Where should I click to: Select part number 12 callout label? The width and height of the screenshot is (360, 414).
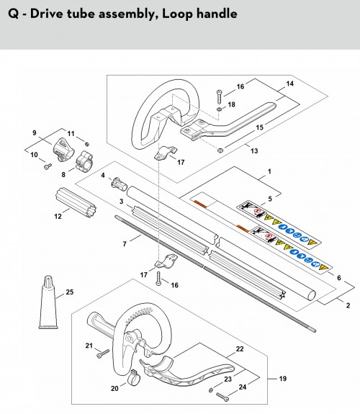(x=58, y=217)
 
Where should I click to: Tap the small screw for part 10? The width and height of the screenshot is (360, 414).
(x=48, y=166)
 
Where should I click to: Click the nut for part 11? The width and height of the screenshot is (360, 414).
(x=86, y=144)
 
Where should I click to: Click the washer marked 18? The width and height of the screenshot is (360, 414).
(x=220, y=109)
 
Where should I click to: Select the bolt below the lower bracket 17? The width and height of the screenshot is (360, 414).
(x=158, y=279)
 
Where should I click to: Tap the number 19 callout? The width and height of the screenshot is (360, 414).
(x=283, y=379)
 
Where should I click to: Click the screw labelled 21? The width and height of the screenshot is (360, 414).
(x=103, y=354)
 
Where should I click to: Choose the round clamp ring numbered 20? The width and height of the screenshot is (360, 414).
(x=134, y=377)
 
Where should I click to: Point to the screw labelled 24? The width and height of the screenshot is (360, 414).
(x=222, y=397)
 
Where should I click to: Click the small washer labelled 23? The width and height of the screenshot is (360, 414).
(x=211, y=390)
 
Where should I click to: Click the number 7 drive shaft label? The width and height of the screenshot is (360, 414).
(x=125, y=244)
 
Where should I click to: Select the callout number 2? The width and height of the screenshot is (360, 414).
(x=348, y=305)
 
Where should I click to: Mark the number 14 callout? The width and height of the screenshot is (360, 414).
(x=289, y=84)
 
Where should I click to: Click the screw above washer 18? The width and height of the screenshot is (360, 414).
(x=219, y=97)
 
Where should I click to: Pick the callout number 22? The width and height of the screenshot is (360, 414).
(x=240, y=349)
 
